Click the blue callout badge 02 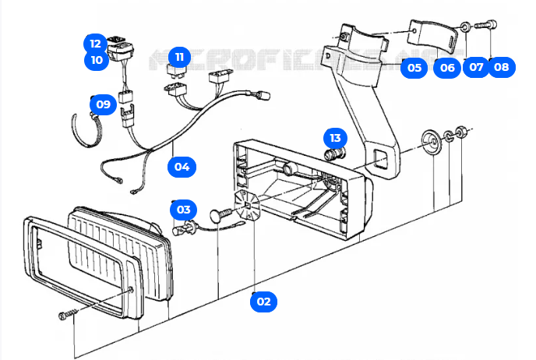click(x=263, y=300)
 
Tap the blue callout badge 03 click(x=183, y=209)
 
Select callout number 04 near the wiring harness click(x=182, y=166)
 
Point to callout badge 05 click(x=414, y=67)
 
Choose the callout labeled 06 click(x=446, y=67)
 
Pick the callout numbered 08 click(x=501, y=67)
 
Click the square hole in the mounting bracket click(x=381, y=159)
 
